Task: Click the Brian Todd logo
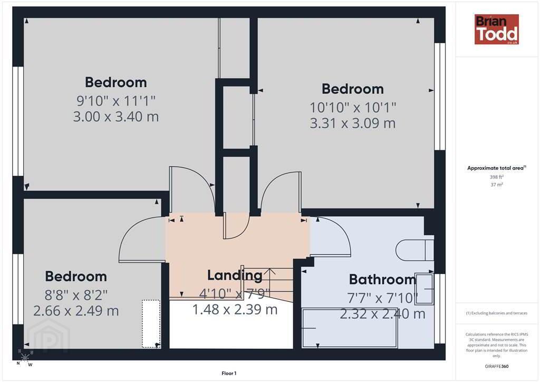pyautogui.click(x=496, y=29)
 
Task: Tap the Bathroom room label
pyautogui.click(x=383, y=279)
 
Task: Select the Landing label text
pyautogui.click(x=235, y=275)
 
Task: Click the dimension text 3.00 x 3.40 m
pyautogui.click(x=115, y=117)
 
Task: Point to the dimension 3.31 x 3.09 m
pyautogui.click(x=353, y=123)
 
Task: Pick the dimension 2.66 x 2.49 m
pyautogui.click(x=76, y=311)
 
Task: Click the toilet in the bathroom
pyautogui.click(x=414, y=250)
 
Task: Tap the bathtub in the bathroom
pyautogui.click(x=350, y=328)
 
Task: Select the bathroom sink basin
pyautogui.click(x=425, y=289)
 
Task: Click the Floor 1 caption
pyautogui.click(x=229, y=374)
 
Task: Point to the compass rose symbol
pyautogui.click(x=25, y=358)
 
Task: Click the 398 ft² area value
pyautogui.click(x=497, y=177)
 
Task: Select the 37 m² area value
pyautogui.click(x=497, y=185)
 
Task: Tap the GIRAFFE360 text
pyautogui.click(x=497, y=366)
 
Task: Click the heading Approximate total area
pyautogui.click(x=496, y=168)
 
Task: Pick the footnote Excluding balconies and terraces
pyautogui.click(x=497, y=313)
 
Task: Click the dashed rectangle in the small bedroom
pyautogui.click(x=151, y=323)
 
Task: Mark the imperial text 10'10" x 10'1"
pyautogui.click(x=353, y=108)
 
